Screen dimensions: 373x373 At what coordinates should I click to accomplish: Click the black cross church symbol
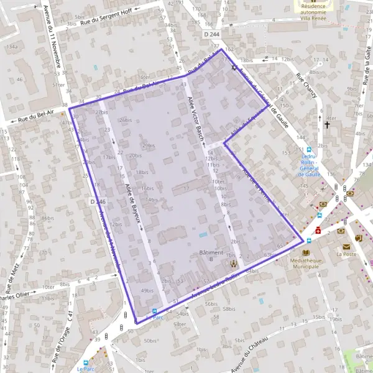point(327,125)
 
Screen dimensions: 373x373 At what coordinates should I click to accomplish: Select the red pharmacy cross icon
point(318,230)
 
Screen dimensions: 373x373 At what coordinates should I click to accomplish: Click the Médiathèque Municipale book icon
point(305,252)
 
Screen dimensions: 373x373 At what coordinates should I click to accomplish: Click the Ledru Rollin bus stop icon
point(309,150)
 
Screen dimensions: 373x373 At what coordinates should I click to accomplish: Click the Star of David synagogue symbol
point(234,67)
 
